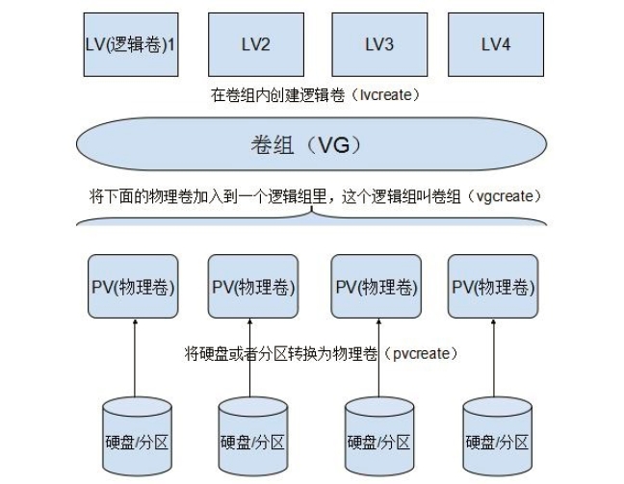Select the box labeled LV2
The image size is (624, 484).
254,43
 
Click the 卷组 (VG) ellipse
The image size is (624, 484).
313,146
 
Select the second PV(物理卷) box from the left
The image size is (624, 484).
253,287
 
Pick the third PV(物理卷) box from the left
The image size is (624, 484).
376,287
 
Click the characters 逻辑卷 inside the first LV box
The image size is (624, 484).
136,43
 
